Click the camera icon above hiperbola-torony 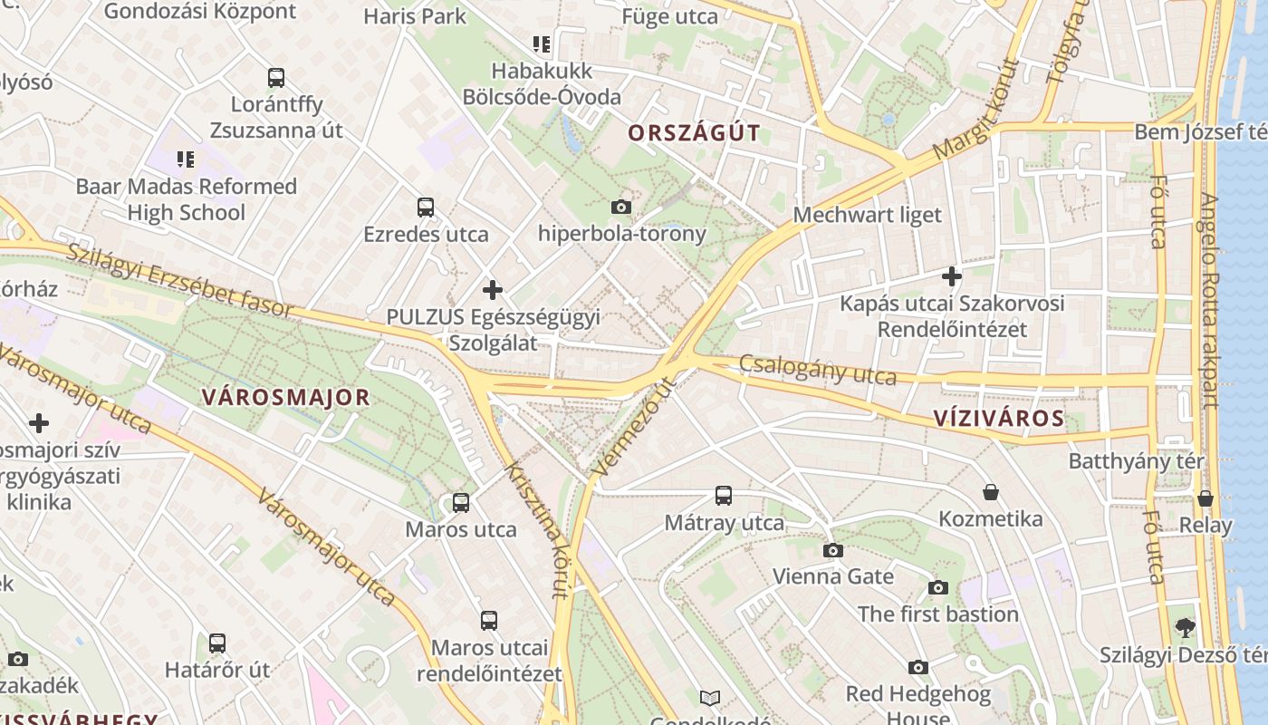[x=620, y=207]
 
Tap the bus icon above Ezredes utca [x=426, y=207]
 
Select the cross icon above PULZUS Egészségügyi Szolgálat [x=493, y=290]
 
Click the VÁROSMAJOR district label [x=286, y=397]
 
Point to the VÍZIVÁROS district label [x=998, y=418]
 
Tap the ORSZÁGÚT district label [x=694, y=133]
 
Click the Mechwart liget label [x=867, y=215]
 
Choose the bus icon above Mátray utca [x=723, y=496]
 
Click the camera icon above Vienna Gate [x=832, y=550]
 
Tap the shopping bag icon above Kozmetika [x=991, y=492]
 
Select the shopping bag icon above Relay [x=1205, y=498]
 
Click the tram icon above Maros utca [x=461, y=502]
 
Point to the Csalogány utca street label [x=818, y=369]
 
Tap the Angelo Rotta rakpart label [x=1210, y=299]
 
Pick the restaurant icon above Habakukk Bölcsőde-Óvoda [x=542, y=43]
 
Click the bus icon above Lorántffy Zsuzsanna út [x=276, y=78]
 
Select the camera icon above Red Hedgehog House [x=917, y=668]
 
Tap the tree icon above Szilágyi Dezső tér [x=1185, y=627]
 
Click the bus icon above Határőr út [x=217, y=643]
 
